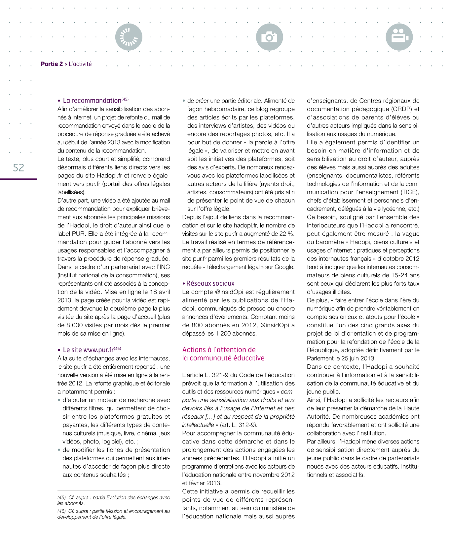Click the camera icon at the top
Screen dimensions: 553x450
coord(269,37)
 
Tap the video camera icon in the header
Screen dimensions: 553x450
coord(399,37)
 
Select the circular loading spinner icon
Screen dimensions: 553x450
coord(129,37)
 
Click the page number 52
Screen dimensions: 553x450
coord(19,167)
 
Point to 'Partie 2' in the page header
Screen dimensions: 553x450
coord(52,64)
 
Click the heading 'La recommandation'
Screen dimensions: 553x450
coord(92,101)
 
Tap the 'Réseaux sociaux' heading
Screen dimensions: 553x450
coord(210,284)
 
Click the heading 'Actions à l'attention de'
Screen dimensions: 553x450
coord(219,350)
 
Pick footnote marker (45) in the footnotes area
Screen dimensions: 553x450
coord(61,497)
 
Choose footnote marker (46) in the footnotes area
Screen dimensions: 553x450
coord(61,511)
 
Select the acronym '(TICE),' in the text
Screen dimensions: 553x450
coord(410,192)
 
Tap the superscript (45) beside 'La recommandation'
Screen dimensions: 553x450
coord(125,99)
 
